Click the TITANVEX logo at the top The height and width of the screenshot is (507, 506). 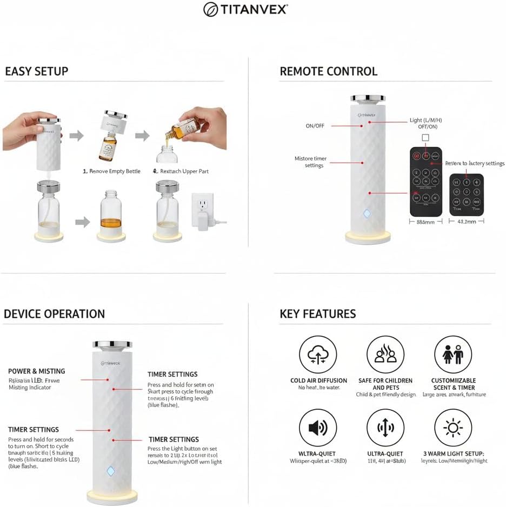tap(245, 9)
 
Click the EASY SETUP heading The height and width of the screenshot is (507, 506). tap(37, 71)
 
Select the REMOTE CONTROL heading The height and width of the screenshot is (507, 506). tap(328, 71)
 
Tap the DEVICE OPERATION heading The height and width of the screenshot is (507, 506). tap(54, 314)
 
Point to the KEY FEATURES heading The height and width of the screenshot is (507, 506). tap(317, 314)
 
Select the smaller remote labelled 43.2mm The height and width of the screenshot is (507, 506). tap(466, 194)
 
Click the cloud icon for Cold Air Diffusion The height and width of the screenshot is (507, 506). tap(317, 355)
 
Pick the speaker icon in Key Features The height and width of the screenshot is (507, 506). tap(317, 428)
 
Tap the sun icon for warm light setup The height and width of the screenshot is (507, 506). tap(452, 428)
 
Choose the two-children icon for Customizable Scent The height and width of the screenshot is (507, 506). tap(452, 355)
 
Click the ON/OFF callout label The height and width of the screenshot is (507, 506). tap(315, 126)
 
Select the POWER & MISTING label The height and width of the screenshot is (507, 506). tap(36, 371)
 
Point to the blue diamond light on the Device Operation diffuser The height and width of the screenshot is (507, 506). tap(111, 471)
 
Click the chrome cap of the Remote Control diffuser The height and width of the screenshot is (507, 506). tap(368, 98)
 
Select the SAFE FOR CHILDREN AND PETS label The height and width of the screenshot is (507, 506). tap(385, 384)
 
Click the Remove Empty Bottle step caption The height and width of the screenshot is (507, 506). tap(111, 171)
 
